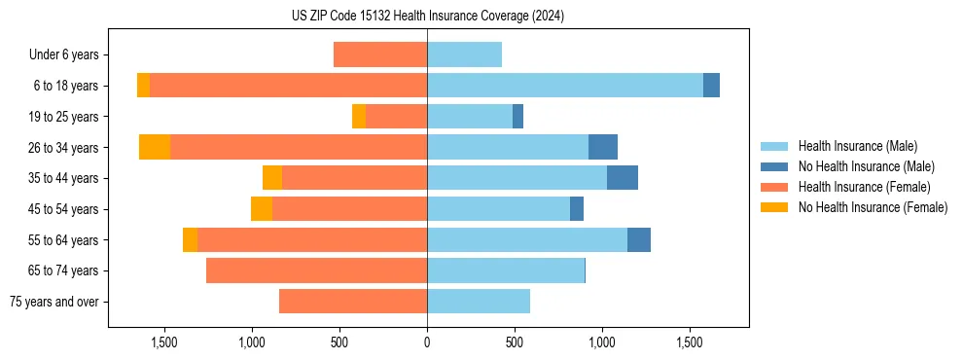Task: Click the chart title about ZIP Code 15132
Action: pos(428,17)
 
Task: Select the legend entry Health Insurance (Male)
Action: pos(857,146)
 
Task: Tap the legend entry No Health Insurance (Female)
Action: pos(873,207)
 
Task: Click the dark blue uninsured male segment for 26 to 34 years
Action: pos(603,147)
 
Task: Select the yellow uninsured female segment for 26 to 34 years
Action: pos(155,147)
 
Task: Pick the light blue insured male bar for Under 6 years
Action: pos(464,54)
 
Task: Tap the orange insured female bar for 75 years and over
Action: pos(353,302)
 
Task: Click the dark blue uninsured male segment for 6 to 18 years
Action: pos(711,86)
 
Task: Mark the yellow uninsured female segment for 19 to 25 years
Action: pos(359,117)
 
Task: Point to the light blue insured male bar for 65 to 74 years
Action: pos(506,270)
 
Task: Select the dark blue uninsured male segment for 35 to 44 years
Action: pos(623,178)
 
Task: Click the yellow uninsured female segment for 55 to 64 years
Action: pos(190,239)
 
